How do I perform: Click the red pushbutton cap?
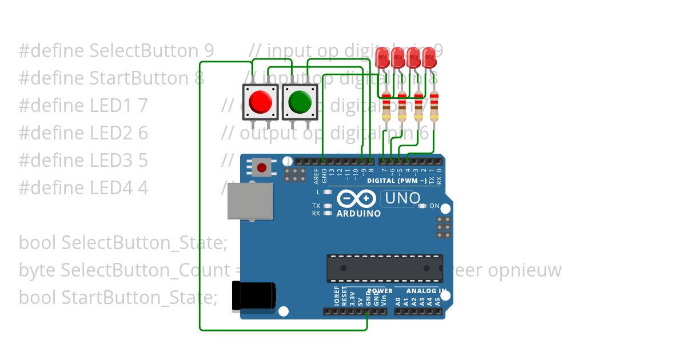tap(261, 102)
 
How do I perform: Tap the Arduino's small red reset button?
tap(261, 167)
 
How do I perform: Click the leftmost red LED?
tap(382, 56)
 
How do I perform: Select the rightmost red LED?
tap(429, 56)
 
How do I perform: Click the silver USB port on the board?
tap(250, 201)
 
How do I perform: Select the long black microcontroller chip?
tap(385, 268)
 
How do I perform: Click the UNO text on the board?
tap(402, 199)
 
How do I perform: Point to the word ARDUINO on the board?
tap(359, 214)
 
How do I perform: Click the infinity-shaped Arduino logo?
tap(356, 199)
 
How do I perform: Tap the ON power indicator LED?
tap(423, 206)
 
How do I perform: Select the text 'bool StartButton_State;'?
tap(118, 298)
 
